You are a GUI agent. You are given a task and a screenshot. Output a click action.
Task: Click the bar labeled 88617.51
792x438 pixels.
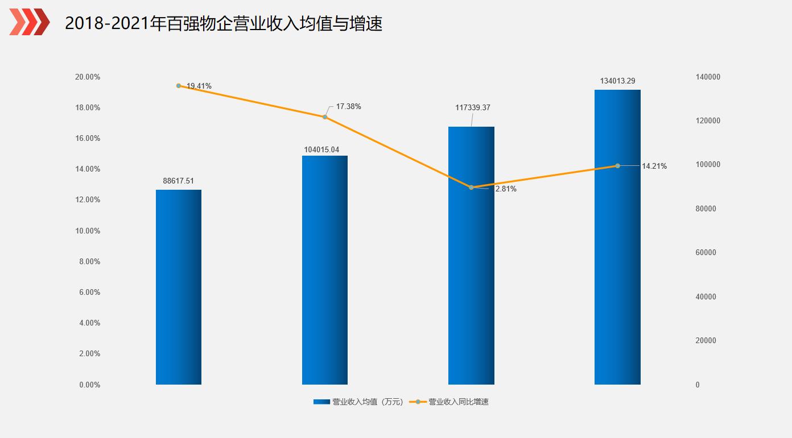[178, 287]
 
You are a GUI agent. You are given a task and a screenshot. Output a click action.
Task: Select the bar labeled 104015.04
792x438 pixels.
[324, 270]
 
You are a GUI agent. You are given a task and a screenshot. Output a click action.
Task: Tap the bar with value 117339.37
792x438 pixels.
[471, 256]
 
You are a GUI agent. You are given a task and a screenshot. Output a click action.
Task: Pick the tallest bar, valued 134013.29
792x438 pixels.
[617, 237]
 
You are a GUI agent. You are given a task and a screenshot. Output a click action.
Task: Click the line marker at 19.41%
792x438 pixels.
[179, 86]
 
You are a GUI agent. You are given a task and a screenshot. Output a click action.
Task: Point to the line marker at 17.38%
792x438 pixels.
[325, 117]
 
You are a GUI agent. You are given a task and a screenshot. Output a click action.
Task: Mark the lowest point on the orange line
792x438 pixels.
[471, 187]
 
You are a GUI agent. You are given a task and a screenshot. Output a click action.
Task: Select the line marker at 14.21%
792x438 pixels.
[617, 166]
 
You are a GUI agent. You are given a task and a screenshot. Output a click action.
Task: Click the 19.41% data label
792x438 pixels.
[199, 86]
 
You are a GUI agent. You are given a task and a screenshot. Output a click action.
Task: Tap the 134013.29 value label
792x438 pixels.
[617, 81]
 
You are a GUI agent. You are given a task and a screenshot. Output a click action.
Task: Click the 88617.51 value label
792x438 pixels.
[178, 181]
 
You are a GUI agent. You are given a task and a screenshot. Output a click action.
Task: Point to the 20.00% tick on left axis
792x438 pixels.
[88, 77]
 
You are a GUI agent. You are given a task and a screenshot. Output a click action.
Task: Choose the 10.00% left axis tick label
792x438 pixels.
[88, 231]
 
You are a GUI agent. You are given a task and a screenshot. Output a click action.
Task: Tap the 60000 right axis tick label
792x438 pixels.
[706, 253]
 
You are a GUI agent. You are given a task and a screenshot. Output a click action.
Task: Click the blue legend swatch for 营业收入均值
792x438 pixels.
[321, 402]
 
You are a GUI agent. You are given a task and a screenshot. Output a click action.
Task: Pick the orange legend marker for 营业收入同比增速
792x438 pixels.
[418, 402]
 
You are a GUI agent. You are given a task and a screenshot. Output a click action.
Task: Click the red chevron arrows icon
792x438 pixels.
[30, 22]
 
